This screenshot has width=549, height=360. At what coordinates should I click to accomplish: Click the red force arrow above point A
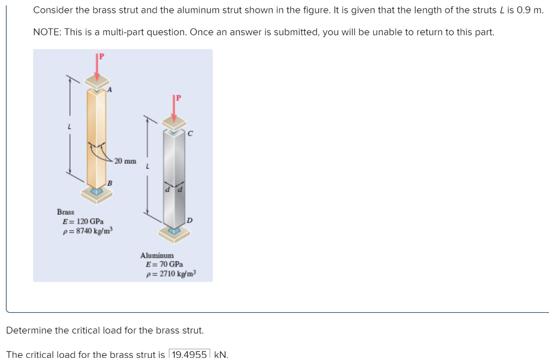pyautogui.click(x=97, y=67)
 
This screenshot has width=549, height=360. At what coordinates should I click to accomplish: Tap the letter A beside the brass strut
pyautogui.click(x=109, y=90)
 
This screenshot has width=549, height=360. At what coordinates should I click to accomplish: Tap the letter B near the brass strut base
pyautogui.click(x=109, y=184)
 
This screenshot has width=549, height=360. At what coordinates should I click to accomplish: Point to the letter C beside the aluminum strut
pyautogui.click(x=189, y=134)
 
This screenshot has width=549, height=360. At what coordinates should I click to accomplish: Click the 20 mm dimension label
pyautogui.click(x=125, y=161)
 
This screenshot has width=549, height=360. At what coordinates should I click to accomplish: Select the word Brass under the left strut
pyautogui.click(x=65, y=212)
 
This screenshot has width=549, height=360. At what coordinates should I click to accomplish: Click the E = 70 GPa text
pyautogui.click(x=164, y=265)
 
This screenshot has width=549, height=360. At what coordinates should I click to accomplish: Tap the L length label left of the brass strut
pyautogui.click(x=69, y=127)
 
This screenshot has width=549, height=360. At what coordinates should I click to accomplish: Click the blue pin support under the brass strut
pyautogui.click(x=97, y=191)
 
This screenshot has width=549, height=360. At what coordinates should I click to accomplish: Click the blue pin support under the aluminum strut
pyautogui.click(x=174, y=230)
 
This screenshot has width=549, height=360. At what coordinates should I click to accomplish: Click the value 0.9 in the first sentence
pyautogui.click(x=523, y=10)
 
